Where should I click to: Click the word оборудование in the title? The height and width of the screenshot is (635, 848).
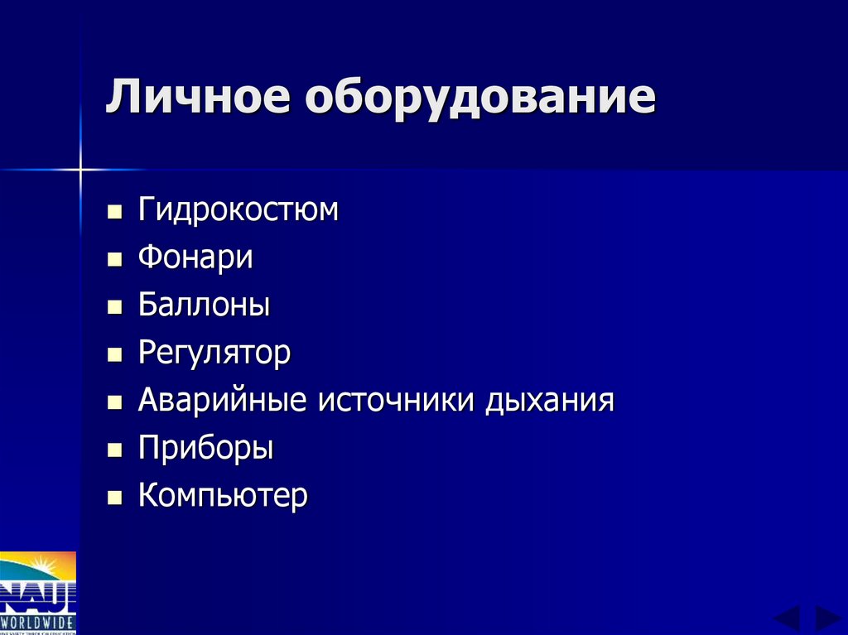click(479, 99)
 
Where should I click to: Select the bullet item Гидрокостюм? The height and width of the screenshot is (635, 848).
click(238, 209)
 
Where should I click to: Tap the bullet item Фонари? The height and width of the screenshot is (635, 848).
click(195, 257)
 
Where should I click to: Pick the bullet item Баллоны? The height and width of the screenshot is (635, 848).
click(204, 305)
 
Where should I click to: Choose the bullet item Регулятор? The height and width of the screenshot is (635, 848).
click(214, 354)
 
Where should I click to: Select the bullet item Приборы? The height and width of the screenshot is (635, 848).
click(205, 449)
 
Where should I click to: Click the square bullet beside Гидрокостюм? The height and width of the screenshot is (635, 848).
click(114, 212)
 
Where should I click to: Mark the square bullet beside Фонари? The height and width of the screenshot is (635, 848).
click(114, 260)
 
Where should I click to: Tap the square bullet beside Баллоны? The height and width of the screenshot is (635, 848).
click(114, 308)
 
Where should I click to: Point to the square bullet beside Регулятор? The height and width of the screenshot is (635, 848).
click(114, 355)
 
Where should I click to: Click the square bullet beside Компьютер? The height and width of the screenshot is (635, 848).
click(114, 498)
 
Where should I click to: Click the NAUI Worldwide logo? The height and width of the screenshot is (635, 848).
click(37, 593)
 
